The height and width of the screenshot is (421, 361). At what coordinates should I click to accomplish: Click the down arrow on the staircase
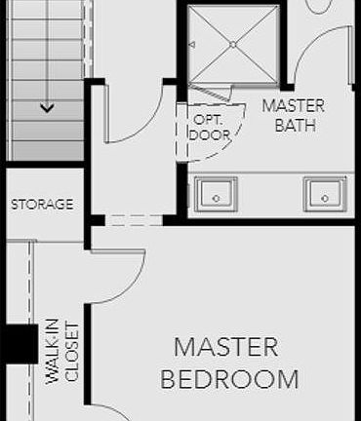pyautogui.click(x=46, y=108)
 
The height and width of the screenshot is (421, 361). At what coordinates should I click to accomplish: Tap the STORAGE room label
pyautogui.click(x=42, y=205)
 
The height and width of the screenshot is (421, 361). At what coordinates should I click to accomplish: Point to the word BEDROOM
pyautogui.click(x=229, y=378)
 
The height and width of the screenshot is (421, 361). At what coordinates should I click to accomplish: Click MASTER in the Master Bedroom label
pyautogui.click(x=226, y=347)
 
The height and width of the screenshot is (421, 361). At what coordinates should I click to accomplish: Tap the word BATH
pyautogui.click(x=295, y=126)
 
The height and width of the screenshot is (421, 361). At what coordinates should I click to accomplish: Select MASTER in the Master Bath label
pyautogui.click(x=295, y=106)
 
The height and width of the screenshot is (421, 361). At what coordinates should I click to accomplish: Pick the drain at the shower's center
pyautogui.click(x=232, y=44)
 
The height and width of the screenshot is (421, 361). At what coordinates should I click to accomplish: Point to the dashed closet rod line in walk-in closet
pyautogui.click(x=32, y=292)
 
